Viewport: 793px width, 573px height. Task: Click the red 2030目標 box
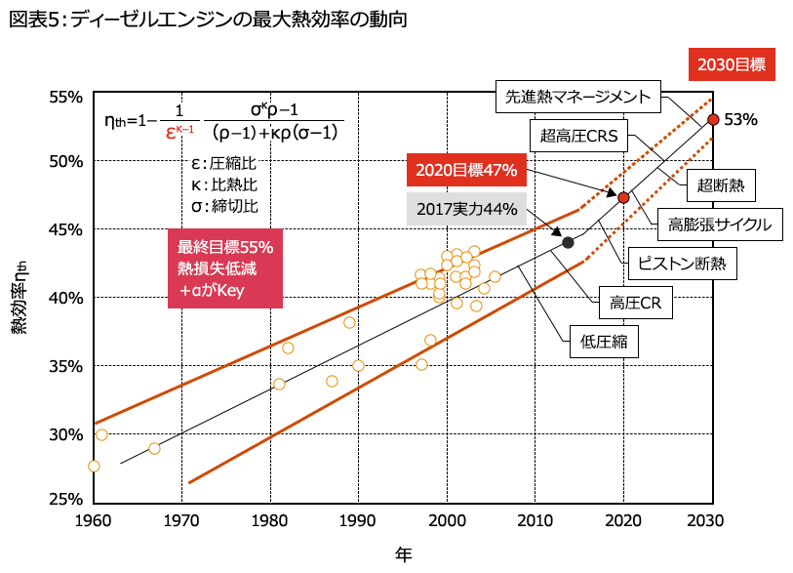click(732, 64)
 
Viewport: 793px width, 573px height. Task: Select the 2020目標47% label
click(465, 170)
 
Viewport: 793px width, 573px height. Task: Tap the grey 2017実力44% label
click(465, 208)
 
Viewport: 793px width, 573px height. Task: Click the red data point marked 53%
click(713, 119)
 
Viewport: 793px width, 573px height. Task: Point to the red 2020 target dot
click(624, 198)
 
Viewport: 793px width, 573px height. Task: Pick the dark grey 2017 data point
click(569, 242)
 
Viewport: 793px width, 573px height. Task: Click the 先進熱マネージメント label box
click(578, 97)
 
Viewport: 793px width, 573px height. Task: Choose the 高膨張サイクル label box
click(720, 224)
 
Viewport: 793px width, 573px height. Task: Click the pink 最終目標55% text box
click(224, 267)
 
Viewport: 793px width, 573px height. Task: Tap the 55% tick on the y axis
click(66, 97)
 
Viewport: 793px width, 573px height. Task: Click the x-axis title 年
click(404, 554)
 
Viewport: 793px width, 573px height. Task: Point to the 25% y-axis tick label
click(66, 499)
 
